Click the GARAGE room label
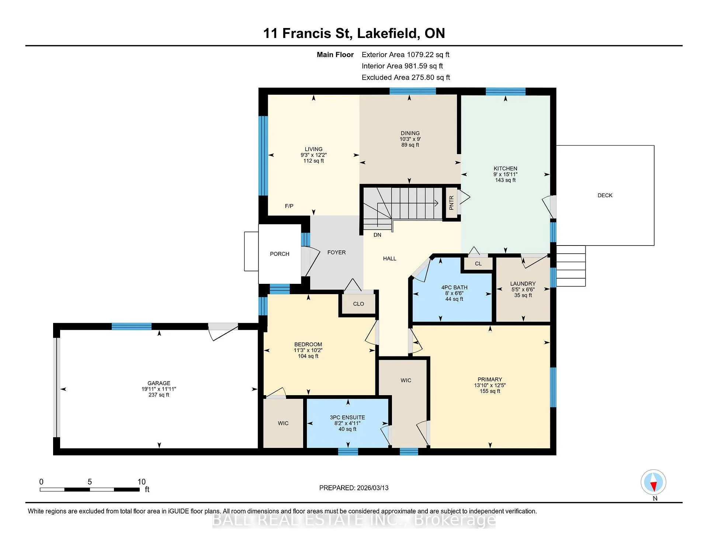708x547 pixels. click(x=159, y=383)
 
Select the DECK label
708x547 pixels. click(x=605, y=195)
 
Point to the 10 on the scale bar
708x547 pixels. click(x=142, y=482)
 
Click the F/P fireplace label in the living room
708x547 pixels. click(x=289, y=206)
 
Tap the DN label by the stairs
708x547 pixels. click(x=377, y=235)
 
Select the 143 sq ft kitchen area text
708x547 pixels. click(x=505, y=180)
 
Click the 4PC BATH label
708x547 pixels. click(x=454, y=288)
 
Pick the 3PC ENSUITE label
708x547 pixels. click(x=347, y=418)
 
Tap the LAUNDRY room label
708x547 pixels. click(x=523, y=284)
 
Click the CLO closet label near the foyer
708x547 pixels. click(x=358, y=304)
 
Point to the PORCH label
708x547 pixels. click(x=280, y=254)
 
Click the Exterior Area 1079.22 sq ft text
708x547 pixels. click(x=405, y=55)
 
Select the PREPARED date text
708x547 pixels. click(x=354, y=488)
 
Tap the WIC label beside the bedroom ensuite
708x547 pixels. click(x=283, y=424)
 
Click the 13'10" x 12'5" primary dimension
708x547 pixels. click(x=490, y=386)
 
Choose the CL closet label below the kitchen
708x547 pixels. click(x=478, y=264)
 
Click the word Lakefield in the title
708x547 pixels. click(x=388, y=33)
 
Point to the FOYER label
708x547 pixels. click(x=336, y=252)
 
